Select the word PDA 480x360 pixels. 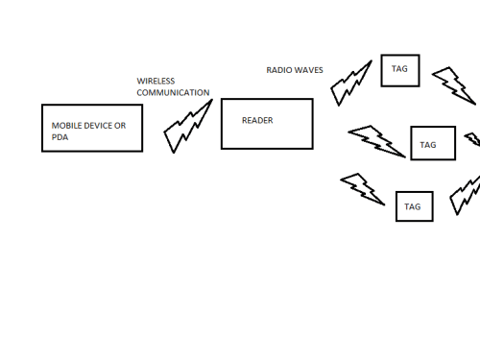point(60,137)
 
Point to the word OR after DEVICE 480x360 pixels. point(120,126)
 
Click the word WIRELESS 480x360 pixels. point(156,81)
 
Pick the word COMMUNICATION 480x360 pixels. point(173,92)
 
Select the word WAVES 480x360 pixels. point(308,70)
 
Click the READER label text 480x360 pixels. point(257,120)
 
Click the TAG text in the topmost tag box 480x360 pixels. point(399,69)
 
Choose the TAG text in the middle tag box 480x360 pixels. point(428,145)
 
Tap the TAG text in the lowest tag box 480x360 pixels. point(412,206)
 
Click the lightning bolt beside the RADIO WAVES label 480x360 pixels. point(350,82)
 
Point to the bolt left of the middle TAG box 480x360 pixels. point(377,141)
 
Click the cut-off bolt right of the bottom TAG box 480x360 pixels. point(465,194)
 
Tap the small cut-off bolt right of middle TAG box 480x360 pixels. point(473,139)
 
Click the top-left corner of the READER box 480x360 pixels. point(222,99)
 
